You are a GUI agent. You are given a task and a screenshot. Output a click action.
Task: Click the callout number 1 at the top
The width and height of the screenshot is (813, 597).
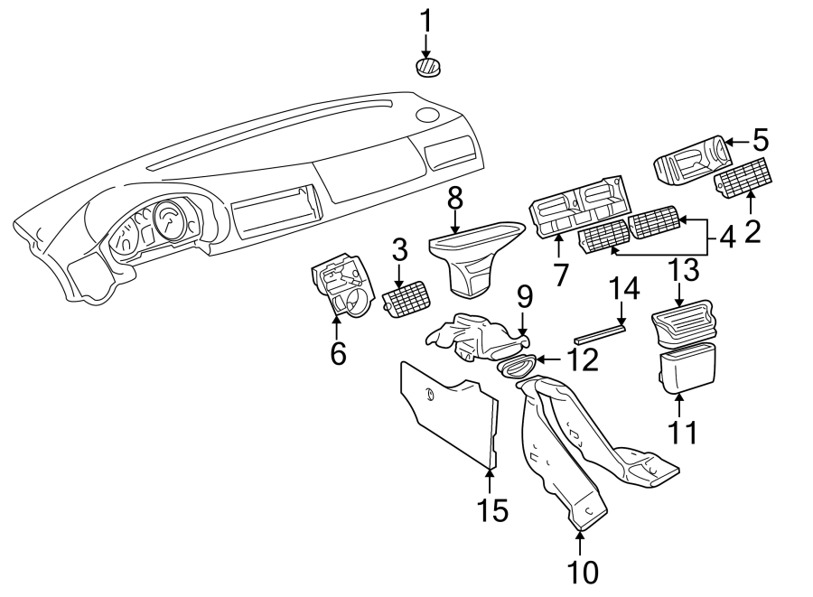425,19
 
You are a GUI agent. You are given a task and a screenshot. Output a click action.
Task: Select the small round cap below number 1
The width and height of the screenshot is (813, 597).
427,67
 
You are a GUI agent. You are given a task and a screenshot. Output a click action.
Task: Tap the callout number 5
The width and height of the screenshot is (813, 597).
760,140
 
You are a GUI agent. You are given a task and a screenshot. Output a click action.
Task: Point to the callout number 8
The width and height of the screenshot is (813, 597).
454,198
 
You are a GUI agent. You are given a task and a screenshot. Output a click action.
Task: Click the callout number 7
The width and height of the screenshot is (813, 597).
561,275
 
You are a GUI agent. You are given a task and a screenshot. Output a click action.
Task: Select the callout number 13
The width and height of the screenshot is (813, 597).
683,268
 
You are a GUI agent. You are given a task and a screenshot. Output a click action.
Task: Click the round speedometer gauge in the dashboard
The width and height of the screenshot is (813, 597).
170,222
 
